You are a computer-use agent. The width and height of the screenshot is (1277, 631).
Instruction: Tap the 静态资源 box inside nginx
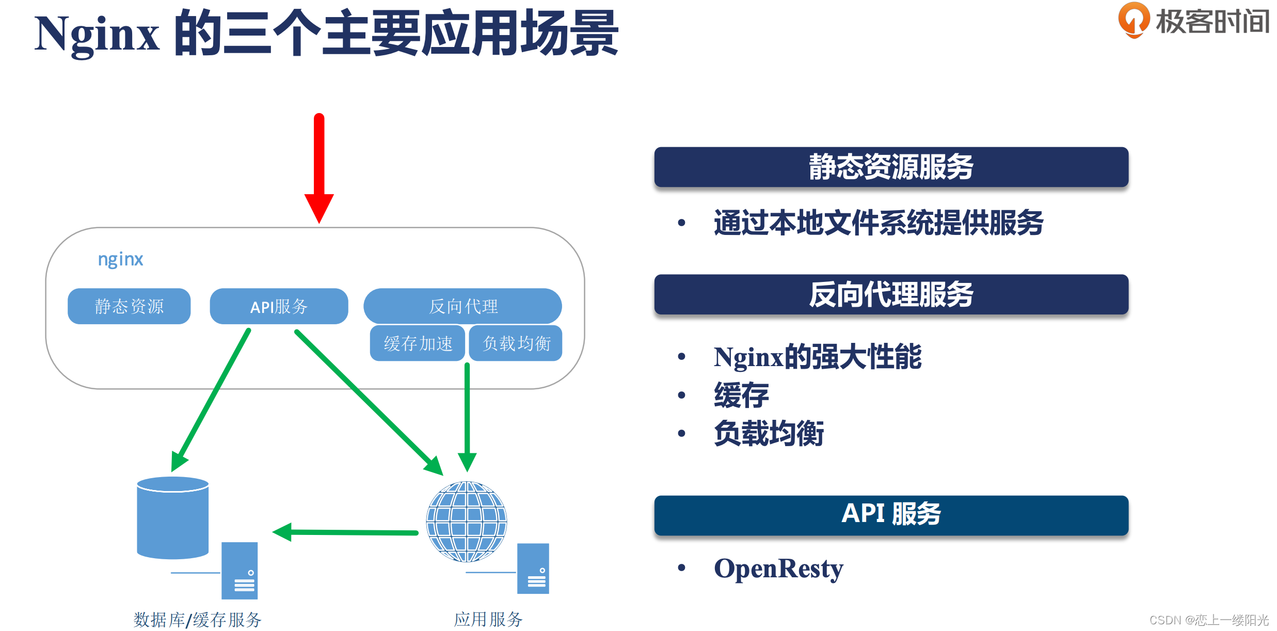coord(129,306)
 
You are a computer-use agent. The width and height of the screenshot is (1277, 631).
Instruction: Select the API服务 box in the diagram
coord(279,306)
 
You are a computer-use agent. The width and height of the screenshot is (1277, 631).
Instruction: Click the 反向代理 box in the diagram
coord(462,306)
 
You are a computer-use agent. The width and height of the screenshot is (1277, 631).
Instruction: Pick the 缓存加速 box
coord(418,343)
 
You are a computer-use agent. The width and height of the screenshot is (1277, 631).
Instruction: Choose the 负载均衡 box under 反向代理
coord(516,343)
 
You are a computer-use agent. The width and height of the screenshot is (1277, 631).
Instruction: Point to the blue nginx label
coord(120,259)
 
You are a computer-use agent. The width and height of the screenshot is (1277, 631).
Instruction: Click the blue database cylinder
coord(172,517)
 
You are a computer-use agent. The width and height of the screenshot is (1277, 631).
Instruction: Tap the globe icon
coord(466,521)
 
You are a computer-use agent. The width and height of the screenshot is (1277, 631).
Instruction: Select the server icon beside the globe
coord(533,569)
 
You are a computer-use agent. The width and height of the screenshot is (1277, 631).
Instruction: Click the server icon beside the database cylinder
coord(240,571)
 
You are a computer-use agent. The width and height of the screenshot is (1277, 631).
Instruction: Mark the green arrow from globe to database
coord(346,532)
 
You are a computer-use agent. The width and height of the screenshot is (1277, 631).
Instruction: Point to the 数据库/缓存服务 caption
coord(197,619)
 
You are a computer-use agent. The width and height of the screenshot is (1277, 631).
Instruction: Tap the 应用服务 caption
coord(488,619)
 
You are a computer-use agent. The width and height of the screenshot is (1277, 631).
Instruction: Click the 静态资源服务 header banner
coord(891,167)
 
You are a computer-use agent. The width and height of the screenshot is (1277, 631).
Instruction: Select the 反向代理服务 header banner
coord(891,294)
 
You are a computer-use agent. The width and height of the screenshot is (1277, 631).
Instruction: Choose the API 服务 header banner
coord(891,515)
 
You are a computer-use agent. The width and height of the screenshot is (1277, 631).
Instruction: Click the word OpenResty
coord(778,569)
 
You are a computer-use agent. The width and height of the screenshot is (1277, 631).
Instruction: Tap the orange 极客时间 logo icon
coord(1134,20)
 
